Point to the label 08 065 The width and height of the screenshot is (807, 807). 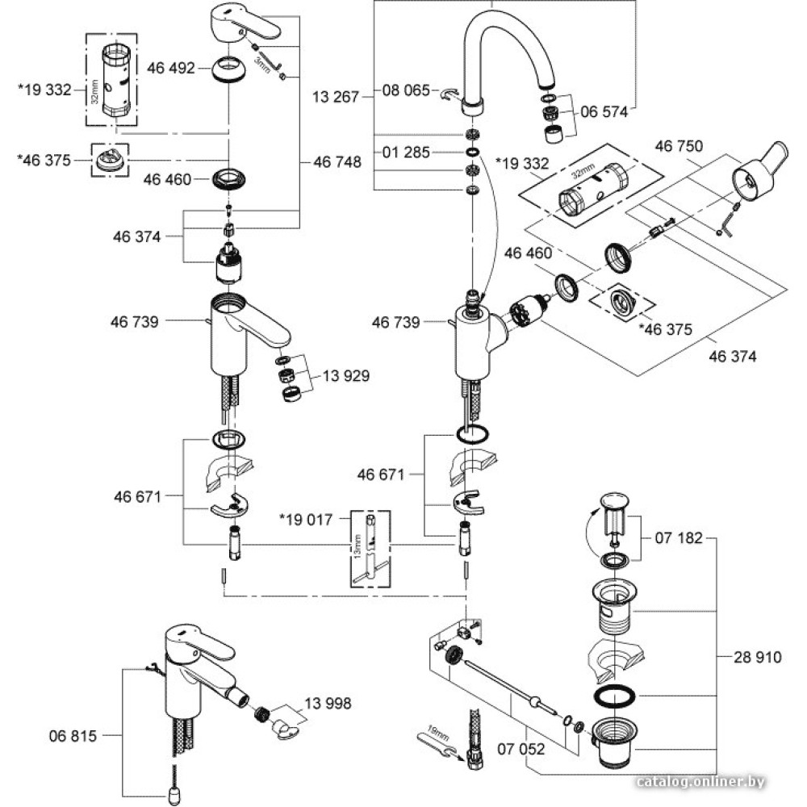pos(406,91)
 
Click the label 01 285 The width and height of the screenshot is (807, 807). pos(406,153)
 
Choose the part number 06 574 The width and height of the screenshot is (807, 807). pos(603,112)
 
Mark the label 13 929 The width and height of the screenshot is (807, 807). pos(346,375)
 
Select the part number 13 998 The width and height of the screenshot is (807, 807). pos(328,704)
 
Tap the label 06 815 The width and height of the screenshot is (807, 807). pos(73,736)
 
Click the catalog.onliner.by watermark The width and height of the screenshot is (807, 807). pos(700,782)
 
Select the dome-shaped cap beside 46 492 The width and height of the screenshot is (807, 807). pos(228,69)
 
